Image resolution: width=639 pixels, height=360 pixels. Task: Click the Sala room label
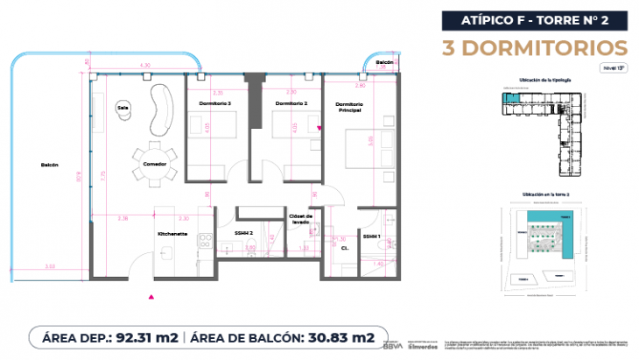pos(123,108)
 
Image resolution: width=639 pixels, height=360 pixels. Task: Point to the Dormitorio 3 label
pos(218,104)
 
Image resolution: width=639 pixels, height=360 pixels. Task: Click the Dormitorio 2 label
pos(291,104)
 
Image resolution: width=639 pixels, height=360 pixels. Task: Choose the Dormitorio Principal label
pos(349,109)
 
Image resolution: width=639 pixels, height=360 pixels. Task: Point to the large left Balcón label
pos(48,165)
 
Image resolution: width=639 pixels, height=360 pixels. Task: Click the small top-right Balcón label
pos(383,63)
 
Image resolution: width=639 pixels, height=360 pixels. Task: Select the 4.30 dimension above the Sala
pos(145,65)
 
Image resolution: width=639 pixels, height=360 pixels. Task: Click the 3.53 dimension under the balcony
pos(50,265)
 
